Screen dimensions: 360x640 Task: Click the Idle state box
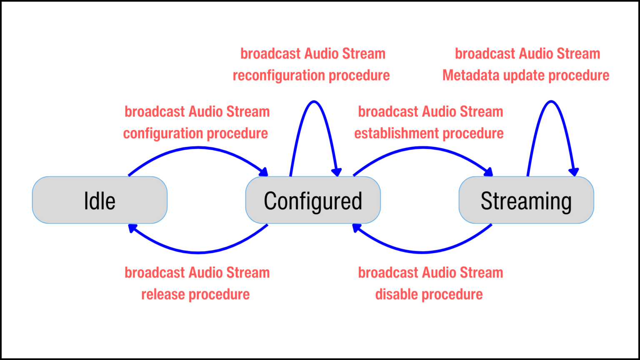[100, 200]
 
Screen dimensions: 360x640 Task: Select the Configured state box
[313, 200]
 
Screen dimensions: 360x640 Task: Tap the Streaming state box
[526, 200]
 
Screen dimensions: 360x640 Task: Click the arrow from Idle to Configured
[197, 147]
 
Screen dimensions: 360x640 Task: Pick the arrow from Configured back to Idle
[198, 252]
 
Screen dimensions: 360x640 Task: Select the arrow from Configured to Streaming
[422, 147]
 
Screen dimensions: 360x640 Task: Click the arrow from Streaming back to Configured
[422, 252]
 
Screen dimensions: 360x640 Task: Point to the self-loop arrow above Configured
[314, 102]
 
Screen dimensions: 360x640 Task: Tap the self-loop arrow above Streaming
[551, 102]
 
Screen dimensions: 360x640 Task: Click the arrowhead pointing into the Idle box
[133, 228]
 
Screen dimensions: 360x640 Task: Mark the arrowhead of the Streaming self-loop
[574, 172]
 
